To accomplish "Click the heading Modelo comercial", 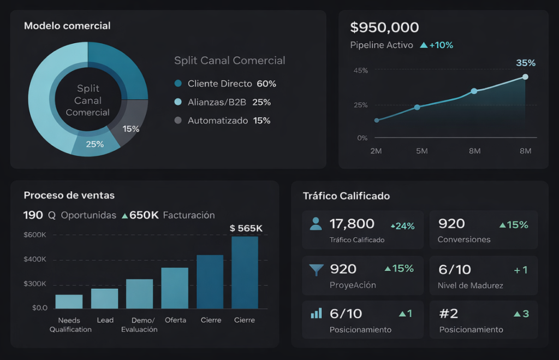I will coord(67,26).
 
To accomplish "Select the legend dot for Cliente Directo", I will coord(177,84).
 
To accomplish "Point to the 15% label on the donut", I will coord(131,129).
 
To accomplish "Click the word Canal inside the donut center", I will coord(88,101).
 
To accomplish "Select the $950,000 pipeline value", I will coord(384,27).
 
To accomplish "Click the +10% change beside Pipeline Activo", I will coord(441,45).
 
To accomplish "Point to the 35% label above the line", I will coord(525,63).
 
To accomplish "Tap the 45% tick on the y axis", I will coord(361,70).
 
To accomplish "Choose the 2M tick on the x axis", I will coord(376,151).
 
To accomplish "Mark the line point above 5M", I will coord(418,107).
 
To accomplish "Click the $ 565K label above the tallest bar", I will coord(246,228).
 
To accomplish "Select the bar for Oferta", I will coord(175,288).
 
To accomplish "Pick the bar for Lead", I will coord(105,298).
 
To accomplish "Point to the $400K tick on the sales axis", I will coord(35,259).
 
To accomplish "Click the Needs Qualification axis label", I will coord(70,324).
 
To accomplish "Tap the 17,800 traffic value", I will coord(352,223).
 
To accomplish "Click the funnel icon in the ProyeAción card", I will coord(316,269).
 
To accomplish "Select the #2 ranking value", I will coord(449,314).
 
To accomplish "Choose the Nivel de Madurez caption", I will coord(470,285).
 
